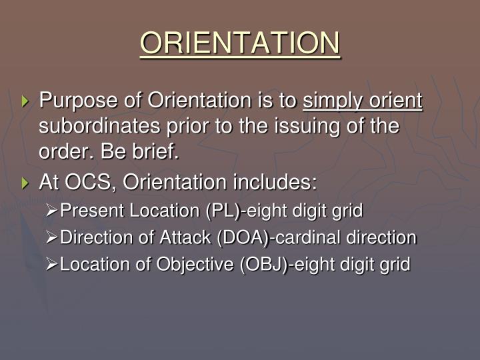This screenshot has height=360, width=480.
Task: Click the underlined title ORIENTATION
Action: pyautogui.click(x=240, y=44)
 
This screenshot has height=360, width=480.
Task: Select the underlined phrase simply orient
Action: pyautogui.click(x=363, y=101)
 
